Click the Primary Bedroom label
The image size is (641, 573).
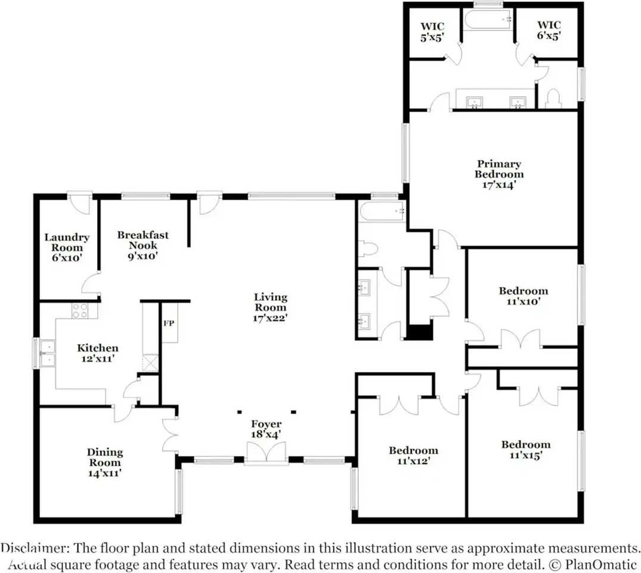498,174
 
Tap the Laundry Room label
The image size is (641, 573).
67,247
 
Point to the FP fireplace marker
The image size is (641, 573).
169,324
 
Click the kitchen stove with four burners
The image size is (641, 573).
79,310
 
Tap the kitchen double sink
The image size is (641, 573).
48,353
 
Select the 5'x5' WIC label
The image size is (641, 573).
432,32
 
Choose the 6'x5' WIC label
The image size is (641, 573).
549,30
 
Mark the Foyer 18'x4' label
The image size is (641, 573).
266,429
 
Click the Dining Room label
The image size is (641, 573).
105,463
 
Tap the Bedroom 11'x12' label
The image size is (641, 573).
413,455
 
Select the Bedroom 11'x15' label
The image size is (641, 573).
526,449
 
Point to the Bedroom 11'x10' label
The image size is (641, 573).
524,296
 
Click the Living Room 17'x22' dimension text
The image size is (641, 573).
270,318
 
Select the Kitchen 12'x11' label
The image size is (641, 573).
98,353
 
